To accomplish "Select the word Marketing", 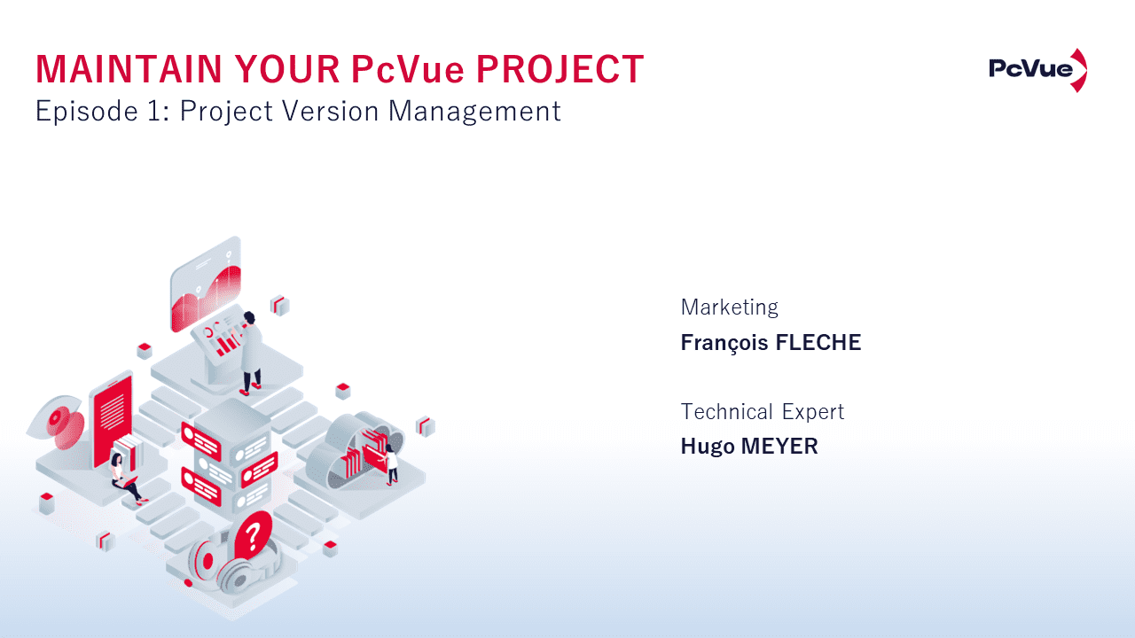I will (x=729, y=307).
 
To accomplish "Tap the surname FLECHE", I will (x=818, y=343).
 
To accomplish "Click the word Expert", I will (x=813, y=412).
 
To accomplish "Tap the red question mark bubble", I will (x=254, y=534).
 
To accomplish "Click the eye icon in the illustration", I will (x=58, y=418).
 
